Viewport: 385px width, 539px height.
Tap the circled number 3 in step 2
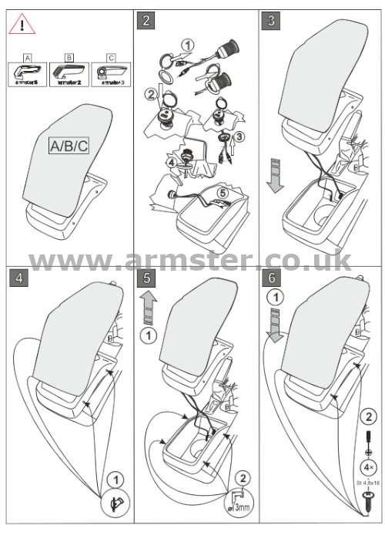(x=240, y=136)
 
